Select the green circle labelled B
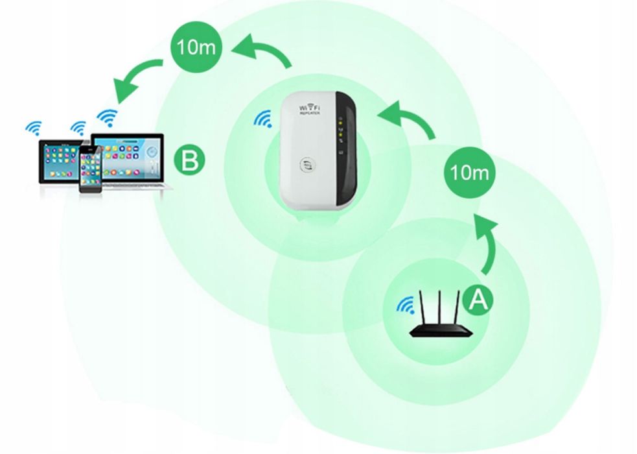(x=189, y=160)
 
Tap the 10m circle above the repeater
(x=196, y=47)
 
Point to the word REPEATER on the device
(x=310, y=113)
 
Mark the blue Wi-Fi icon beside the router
(x=406, y=304)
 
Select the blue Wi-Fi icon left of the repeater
(x=262, y=119)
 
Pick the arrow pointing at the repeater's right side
(x=408, y=121)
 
